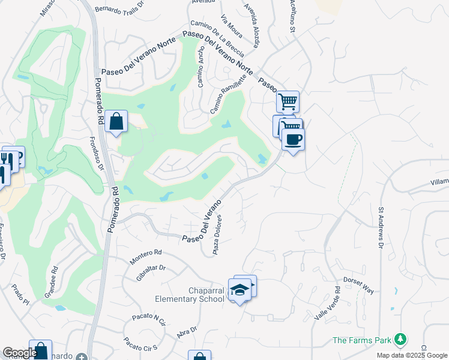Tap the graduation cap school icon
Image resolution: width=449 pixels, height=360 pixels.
coord(240,289)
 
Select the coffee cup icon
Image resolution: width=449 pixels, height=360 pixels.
coord(292,140)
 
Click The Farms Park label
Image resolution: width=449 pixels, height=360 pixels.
coord(361,341)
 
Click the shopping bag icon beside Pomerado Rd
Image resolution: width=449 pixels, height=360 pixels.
coord(116,121)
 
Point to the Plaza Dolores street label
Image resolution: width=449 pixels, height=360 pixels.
coord(218,235)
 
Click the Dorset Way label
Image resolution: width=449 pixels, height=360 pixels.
coord(358,285)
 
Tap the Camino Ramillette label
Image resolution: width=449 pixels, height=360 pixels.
coord(229,94)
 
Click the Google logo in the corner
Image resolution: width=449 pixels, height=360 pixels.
coord(19,353)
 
